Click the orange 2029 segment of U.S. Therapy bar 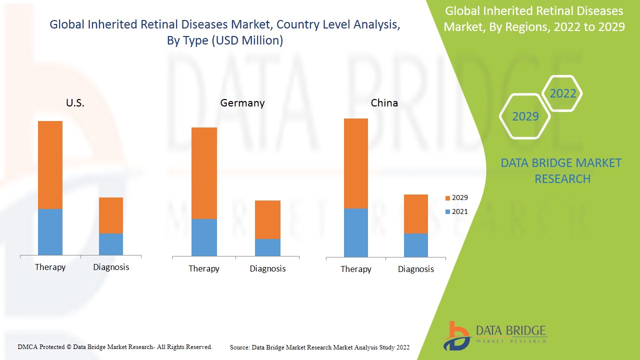[50, 165]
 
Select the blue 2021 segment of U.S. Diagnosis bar [110, 244]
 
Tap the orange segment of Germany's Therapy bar [204, 173]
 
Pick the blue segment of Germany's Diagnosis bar [267, 247]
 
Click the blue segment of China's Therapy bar [355, 232]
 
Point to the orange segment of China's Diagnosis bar [415, 214]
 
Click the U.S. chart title [75, 103]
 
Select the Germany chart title [242, 103]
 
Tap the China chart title [384, 103]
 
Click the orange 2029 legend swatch [447, 198]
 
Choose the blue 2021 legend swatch [447, 212]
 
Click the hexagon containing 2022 [562, 93]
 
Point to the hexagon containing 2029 [525, 116]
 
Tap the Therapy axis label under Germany [203, 268]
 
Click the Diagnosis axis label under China [415, 269]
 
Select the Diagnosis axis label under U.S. [111, 267]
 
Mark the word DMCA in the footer [27, 346]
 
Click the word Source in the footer [240, 347]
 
